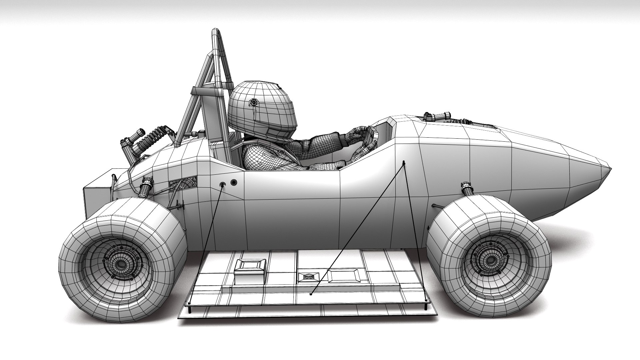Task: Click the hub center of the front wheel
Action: click(489, 258)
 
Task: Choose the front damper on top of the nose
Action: click(437, 117)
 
